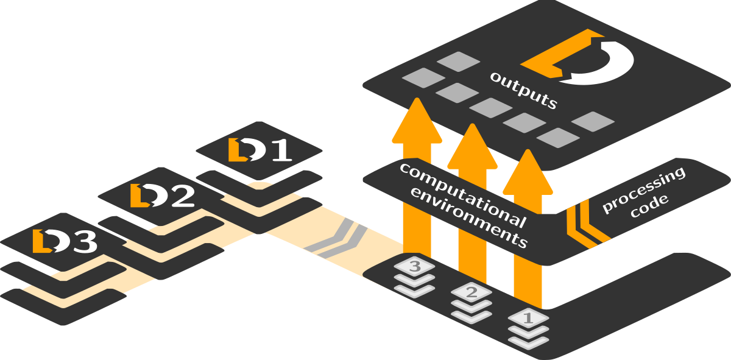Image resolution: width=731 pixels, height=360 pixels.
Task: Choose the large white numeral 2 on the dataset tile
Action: click(182, 196)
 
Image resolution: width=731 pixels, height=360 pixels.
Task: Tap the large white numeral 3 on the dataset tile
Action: click(84, 242)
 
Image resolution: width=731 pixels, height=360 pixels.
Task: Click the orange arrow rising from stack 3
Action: click(417, 177)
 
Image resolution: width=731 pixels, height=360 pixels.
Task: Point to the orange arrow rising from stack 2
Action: click(472, 201)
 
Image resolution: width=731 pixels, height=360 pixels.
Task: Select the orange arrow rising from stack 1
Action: click(528, 225)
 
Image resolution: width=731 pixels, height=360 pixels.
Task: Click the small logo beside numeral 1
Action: click(246, 150)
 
